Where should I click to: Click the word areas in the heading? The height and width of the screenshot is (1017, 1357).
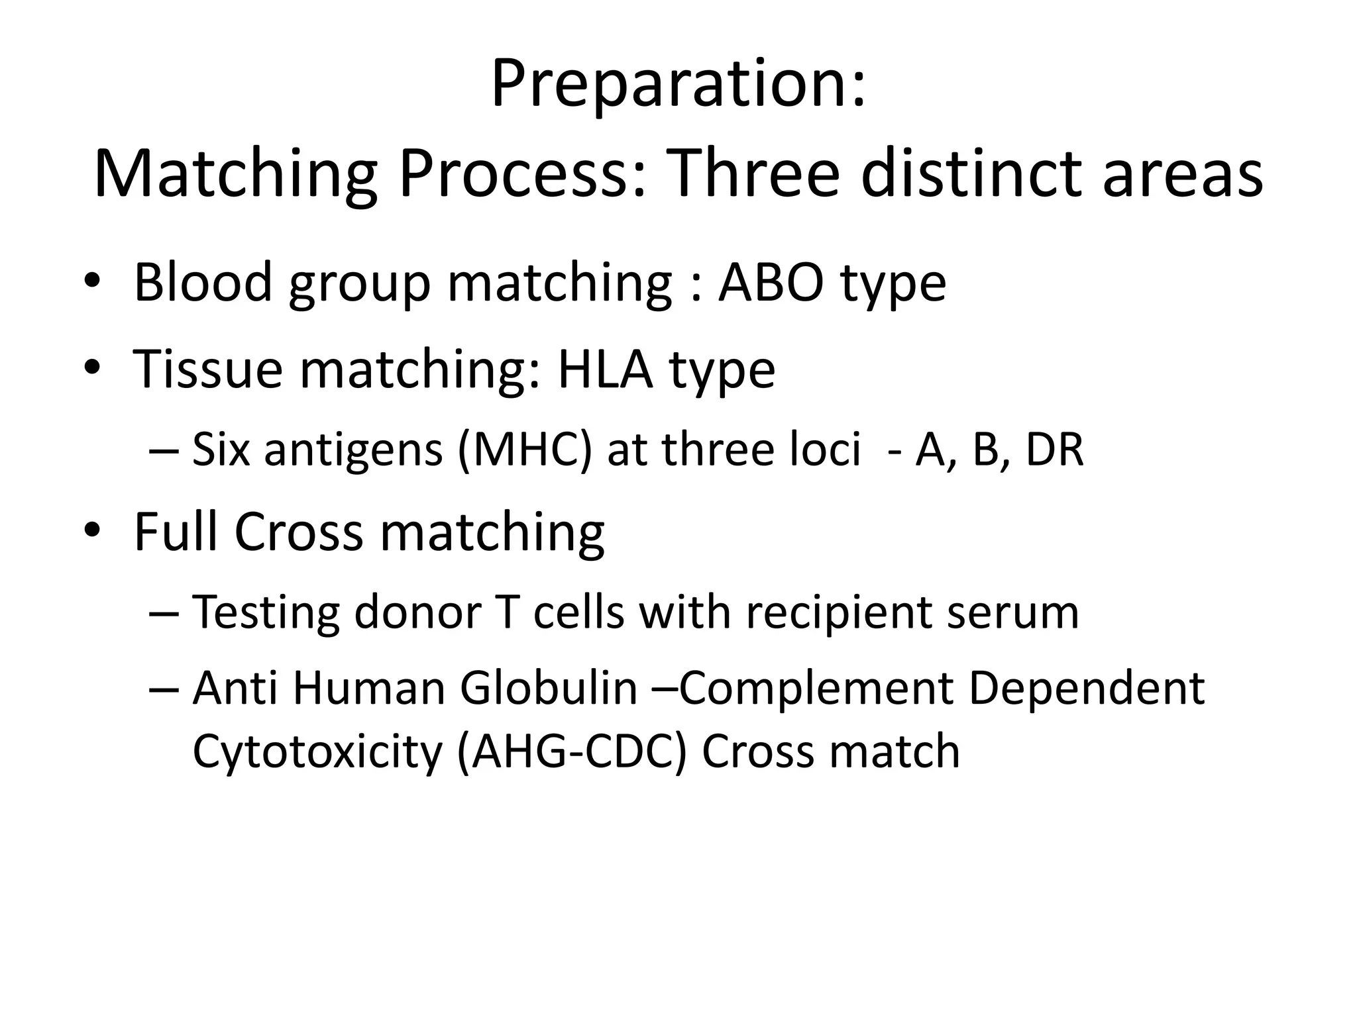coord(1183,174)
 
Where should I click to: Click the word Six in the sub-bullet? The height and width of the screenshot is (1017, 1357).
coord(221,450)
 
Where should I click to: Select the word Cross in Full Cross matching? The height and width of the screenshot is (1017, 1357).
coord(299,532)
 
